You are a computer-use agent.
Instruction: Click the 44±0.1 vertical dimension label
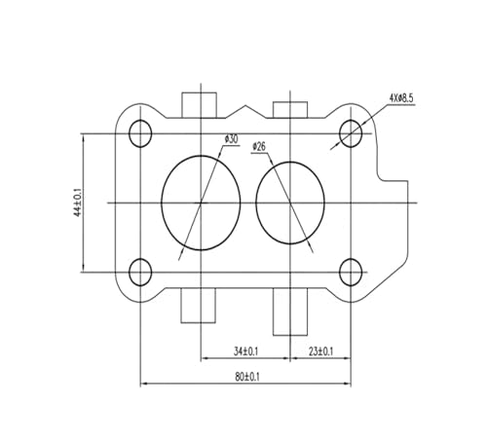click(x=78, y=202)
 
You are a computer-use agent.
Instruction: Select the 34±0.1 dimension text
click(x=245, y=351)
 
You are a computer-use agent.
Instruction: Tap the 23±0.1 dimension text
click(x=320, y=351)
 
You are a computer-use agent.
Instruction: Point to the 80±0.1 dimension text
click(x=247, y=377)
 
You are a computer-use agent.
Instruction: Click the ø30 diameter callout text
click(x=231, y=139)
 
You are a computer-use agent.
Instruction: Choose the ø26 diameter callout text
click(x=259, y=147)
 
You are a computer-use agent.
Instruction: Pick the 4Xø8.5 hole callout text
click(x=401, y=98)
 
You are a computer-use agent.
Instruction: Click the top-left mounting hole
click(x=140, y=133)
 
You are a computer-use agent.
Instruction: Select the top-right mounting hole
click(x=351, y=133)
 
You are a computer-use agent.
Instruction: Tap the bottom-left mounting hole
click(x=140, y=272)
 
